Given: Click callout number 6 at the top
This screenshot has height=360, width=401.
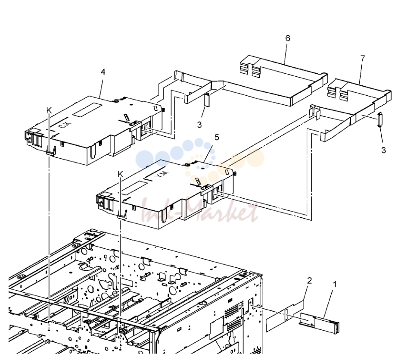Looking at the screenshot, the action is tap(288, 38).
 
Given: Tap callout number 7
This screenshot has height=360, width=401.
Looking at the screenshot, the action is tap(363, 59).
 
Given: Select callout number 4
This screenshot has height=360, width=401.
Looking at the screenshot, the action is tap(103, 72).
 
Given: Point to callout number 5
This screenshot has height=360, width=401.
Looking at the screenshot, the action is tap(217, 137).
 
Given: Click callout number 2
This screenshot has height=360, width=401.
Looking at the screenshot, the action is tap(309, 281).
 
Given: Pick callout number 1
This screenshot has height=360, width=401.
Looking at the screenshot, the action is tap(335, 284).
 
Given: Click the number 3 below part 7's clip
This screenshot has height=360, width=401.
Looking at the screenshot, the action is tap(383, 150).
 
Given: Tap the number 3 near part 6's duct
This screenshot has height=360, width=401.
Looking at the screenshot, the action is tap(199, 125).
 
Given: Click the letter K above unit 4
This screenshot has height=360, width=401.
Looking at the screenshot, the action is tap(49, 110).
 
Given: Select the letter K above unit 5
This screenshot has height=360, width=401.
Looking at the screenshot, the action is tap(121, 174).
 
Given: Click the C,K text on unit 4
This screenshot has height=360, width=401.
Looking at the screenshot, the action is tap(65, 125).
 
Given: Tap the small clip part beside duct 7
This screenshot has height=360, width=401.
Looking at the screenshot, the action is tap(380, 119).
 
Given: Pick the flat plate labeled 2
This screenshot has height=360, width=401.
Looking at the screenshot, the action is tap(285, 316).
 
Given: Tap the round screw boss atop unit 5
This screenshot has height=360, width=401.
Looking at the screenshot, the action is tap(187, 165).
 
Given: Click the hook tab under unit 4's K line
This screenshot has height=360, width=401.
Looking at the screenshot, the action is tap(51, 151).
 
